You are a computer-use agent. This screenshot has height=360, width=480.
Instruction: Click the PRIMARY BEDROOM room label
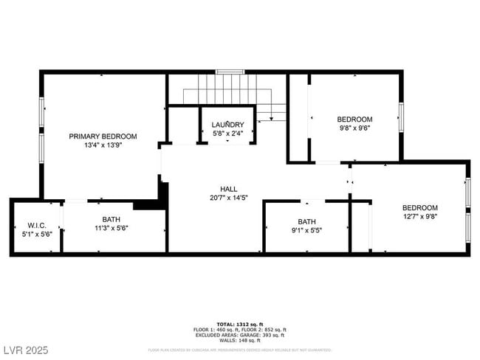pos(103,136)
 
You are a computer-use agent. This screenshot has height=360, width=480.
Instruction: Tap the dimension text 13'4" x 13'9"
pos(103,145)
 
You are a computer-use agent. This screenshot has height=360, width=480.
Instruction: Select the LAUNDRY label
pos(227,125)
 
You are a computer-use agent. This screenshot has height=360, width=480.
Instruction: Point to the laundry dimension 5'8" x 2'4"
pos(227,134)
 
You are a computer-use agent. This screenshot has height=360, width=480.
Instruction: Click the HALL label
pos(228,189)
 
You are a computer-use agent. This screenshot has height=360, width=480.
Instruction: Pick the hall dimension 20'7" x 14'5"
pos(228,198)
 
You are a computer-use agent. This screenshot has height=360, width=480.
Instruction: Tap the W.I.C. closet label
pos(36,225)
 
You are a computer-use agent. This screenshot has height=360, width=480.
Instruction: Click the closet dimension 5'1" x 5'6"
pos(36,234)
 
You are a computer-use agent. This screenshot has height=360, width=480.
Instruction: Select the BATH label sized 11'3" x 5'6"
pos(111,220)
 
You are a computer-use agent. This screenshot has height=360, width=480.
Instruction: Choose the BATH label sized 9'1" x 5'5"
pos(306,221)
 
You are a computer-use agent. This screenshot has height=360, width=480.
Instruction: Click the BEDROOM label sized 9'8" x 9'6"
pos(354,119)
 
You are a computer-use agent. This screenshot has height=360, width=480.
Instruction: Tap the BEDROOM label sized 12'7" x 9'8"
pos(419,208)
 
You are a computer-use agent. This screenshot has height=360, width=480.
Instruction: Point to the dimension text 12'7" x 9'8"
pos(419,217)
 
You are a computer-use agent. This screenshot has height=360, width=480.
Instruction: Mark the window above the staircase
pos(230,72)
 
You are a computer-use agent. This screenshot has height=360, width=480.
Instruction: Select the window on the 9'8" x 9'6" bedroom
pos(401,117)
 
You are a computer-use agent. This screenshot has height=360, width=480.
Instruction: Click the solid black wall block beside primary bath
pos(151,205)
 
